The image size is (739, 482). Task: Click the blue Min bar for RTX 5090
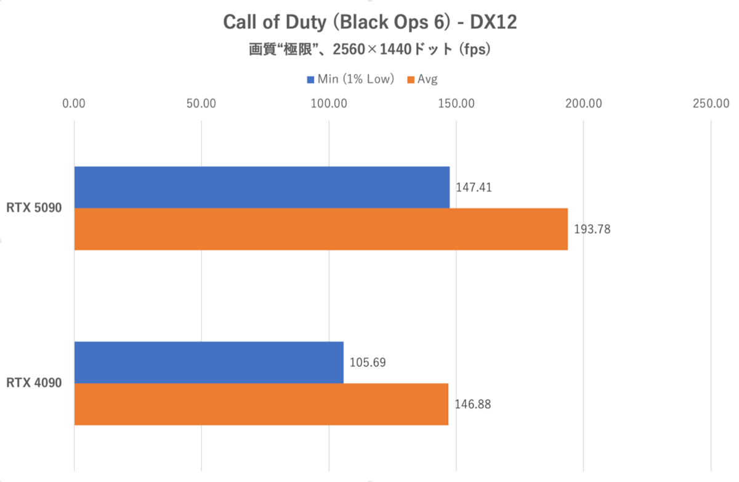click(x=262, y=187)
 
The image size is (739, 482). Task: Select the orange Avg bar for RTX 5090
click(x=321, y=229)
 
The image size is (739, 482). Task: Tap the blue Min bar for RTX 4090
click(x=209, y=363)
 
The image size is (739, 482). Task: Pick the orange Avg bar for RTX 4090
click(x=261, y=404)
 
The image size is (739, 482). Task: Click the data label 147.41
click(x=474, y=187)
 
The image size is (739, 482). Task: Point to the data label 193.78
click(x=592, y=229)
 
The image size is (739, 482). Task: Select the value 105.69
click(x=368, y=363)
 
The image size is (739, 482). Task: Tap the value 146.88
click(x=472, y=404)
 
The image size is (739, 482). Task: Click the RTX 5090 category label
click(x=34, y=209)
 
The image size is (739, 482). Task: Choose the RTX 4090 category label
click(x=34, y=384)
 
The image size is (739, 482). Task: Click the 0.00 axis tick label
click(x=75, y=103)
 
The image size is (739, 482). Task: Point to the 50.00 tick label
click(x=201, y=103)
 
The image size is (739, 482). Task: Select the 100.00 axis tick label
click(x=329, y=103)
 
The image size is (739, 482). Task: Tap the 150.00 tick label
click(x=456, y=103)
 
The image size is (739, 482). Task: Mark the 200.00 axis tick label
click(x=584, y=103)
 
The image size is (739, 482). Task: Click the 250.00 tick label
click(x=711, y=103)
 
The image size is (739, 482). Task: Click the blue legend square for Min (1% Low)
click(x=310, y=79)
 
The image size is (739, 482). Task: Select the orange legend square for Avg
click(x=410, y=79)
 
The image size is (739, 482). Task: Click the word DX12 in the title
click(x=494, y=23)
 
